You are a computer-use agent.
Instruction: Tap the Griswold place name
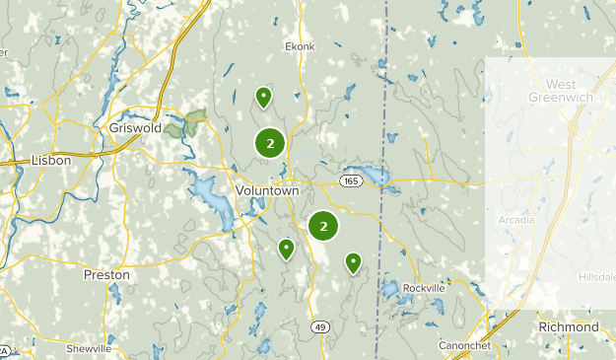(x=135, y=127)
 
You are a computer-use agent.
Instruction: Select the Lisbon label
(x=51, y=159)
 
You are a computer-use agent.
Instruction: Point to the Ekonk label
(x=300, y=46)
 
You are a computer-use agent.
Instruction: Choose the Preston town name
(x=107, y=274)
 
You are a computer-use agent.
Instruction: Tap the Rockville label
(x=425, y=288)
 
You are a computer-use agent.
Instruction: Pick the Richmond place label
(x=569, y=326)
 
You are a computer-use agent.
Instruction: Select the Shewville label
(x=89, y=349)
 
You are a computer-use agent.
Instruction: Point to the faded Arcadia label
(x=516, y=219)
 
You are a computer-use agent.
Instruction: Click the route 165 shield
(x=352, y=181)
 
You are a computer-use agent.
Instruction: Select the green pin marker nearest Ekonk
(x=264, y=97)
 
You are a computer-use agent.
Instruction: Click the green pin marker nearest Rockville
(x=353, y=261)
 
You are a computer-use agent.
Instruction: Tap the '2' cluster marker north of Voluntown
(x=270, y=143)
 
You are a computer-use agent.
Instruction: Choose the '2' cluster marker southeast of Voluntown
(x=323, y=226)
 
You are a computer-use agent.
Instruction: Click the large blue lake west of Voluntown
(x=211, y=197)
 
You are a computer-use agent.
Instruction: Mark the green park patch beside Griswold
(x=186, y=124)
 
